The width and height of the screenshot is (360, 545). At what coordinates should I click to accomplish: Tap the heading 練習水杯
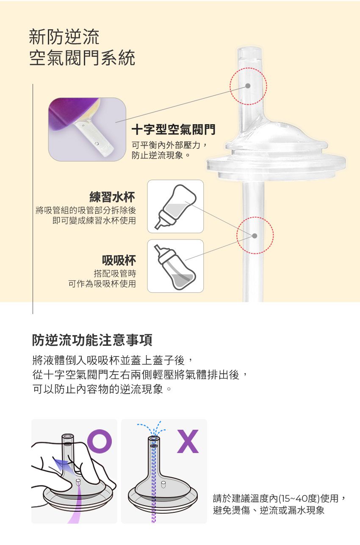click(112, 197)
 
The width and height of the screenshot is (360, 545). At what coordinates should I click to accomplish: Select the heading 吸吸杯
click(119, 259)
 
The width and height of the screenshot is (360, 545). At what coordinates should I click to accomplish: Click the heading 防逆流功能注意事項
click(92, 339)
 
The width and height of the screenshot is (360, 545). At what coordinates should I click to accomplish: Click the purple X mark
click(188, 441)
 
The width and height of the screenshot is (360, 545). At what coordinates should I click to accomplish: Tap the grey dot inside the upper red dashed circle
click(248, 86)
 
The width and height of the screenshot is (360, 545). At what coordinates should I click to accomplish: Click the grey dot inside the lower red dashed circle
click(255, 235)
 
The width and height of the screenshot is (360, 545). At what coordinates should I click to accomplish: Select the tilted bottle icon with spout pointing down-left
click(175, 206)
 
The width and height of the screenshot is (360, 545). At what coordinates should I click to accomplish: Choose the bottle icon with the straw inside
click(175, 266)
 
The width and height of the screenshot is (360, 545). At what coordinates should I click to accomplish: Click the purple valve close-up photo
click(87, 129)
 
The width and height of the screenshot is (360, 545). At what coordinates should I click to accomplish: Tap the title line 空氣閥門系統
click(82, 58)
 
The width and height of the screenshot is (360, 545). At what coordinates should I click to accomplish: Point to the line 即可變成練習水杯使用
click(94, 220)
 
